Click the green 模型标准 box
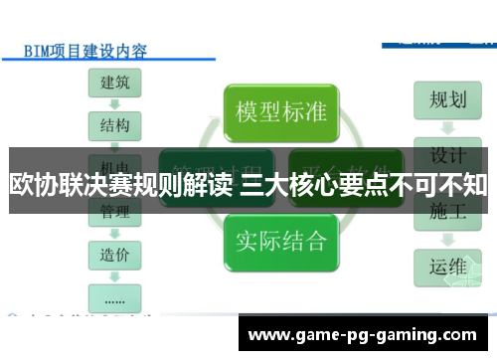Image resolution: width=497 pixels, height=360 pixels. [x=281, y=111]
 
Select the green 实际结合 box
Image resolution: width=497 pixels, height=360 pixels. [x=281, y=239]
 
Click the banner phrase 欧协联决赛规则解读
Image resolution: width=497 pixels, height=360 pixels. [x=120, y=184]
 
